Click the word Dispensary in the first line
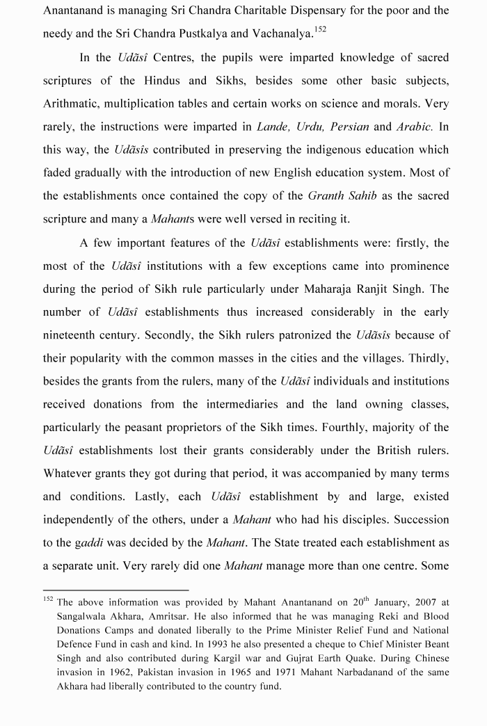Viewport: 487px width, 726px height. point(326,10)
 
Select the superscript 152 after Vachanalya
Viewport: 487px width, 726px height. point(320,29)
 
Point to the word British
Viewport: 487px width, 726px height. point(397,450)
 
